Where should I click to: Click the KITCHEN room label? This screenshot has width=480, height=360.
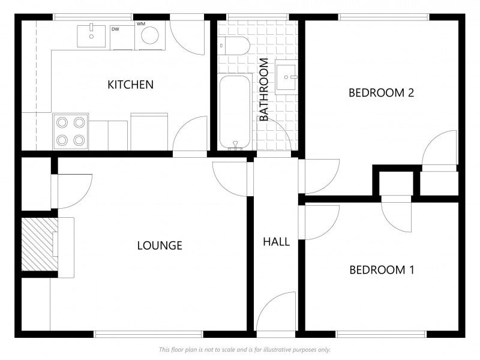click(130, 85)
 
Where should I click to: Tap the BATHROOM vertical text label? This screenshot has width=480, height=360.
click(263, 90)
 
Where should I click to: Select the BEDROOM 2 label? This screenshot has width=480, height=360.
click(382, 93)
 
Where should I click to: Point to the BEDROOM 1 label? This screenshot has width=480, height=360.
click(382, 270)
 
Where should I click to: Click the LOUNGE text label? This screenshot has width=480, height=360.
click(160, 245)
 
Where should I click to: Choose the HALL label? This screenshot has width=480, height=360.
click(276, 242)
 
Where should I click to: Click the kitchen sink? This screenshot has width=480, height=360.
click(92, 35)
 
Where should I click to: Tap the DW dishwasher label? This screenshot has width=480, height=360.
click(115, 28)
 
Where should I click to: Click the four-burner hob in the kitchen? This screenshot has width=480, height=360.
click(70, 131)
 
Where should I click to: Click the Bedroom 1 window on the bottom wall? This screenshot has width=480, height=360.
click(381, 334)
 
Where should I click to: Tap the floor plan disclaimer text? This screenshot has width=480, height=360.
click(244, 349)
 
